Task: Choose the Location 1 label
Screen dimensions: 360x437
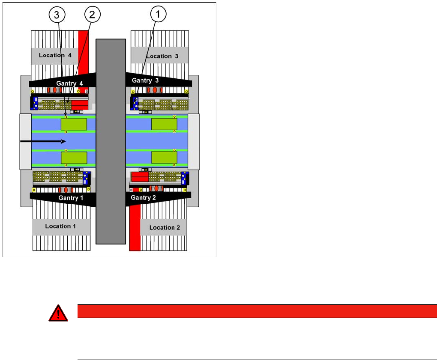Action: pos(60,226)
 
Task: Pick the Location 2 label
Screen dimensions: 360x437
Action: pos(165,227)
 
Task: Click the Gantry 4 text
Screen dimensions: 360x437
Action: pos(69,83)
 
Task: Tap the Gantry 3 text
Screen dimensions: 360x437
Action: pos(145,80)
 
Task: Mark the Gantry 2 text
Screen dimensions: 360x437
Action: pos(144,197)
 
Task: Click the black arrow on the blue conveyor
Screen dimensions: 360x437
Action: pos(43,141)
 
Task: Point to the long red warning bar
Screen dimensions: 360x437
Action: pos(257,311)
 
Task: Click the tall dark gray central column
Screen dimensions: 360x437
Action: pos(111,141)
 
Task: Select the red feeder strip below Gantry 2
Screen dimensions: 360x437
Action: pos(135,227)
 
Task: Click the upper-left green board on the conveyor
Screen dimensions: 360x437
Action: pos(74,125)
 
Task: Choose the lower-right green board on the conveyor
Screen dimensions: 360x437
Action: pos(164,158)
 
